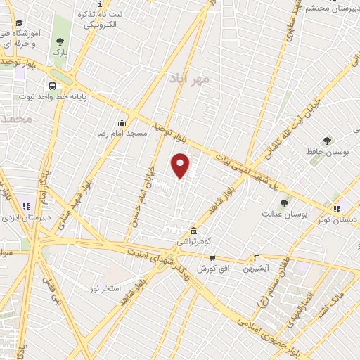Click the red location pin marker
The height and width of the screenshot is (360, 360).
click(181, 165)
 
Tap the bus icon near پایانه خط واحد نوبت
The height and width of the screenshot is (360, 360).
click(53, 86)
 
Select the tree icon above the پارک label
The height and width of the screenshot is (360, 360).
click(59, 41)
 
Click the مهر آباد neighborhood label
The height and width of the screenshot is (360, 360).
click(190, 79)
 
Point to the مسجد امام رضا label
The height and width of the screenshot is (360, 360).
click(122, 133)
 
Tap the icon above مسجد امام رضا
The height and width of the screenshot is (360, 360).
click(122, 122)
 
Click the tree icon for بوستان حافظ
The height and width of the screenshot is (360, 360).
click(326, 141)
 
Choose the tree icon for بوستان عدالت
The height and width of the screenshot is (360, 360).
click(284, 202)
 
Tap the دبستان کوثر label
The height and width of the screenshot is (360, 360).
click(337, 219)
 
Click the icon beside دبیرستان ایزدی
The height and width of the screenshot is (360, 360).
click(27, 207)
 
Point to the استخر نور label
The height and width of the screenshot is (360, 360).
click(105, 289)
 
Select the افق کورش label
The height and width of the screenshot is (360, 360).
click(211, 269)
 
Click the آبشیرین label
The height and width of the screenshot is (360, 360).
click(256, 269)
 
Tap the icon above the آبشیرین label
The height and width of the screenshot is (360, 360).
click(256, 257)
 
